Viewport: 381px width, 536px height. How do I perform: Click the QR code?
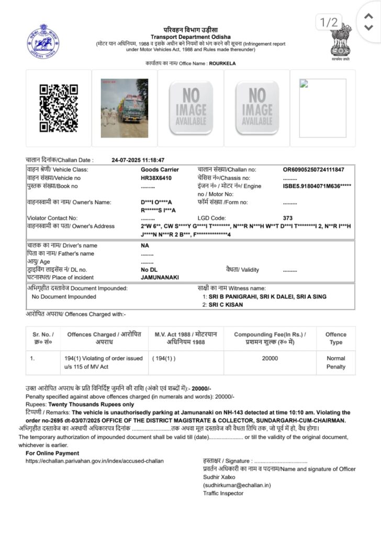point(59,108)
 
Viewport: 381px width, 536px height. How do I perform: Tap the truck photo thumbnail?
point(125,108)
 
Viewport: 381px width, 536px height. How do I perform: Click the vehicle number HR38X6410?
point(156,178)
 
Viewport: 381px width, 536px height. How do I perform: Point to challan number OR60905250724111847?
point(313,170)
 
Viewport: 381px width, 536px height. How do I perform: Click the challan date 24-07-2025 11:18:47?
point(138,160)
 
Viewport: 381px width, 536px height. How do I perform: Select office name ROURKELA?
point(222,63)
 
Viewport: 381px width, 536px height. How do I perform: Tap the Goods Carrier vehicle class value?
point(160,170)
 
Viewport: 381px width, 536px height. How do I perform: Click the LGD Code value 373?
point(287,218)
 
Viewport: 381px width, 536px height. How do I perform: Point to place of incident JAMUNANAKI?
point(160,277)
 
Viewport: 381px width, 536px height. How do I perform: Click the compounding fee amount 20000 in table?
point(270,359)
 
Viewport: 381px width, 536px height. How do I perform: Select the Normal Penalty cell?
point(335,363)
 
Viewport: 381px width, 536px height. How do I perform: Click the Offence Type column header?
point(335,338)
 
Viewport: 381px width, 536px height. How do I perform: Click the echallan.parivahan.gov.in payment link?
point(95,461)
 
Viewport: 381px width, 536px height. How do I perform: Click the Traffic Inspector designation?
point(223,493)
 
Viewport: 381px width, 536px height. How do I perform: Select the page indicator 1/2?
point(329,22)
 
